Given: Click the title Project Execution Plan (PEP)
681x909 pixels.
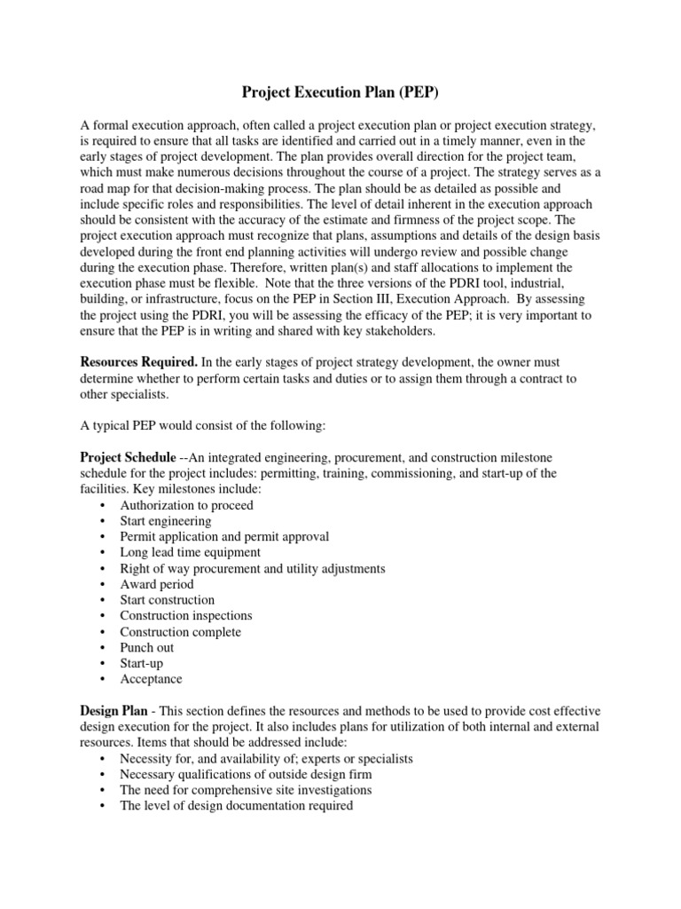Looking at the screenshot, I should tap(340, 91).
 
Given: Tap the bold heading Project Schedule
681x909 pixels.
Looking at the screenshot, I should tap(128, 457).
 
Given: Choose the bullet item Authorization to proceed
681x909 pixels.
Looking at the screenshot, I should tap(186, 505).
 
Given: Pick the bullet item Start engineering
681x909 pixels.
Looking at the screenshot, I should tap(166, 521).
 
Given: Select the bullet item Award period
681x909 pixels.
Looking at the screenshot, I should tap(157, 584).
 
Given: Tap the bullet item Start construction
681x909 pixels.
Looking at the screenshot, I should tap(168, 600).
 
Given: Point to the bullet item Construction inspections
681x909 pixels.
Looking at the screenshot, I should tap(186, 615).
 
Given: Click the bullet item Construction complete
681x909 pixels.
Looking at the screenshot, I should tap(181, 632).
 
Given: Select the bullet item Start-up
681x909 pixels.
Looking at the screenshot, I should tap(142, 663).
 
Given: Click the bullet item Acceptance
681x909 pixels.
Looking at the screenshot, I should tap(152, 679).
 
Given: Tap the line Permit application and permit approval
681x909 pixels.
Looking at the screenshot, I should tap(224, 536).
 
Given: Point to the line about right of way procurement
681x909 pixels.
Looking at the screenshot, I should tap(253, 568).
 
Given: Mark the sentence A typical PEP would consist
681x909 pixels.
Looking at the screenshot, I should tap(203, 426).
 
